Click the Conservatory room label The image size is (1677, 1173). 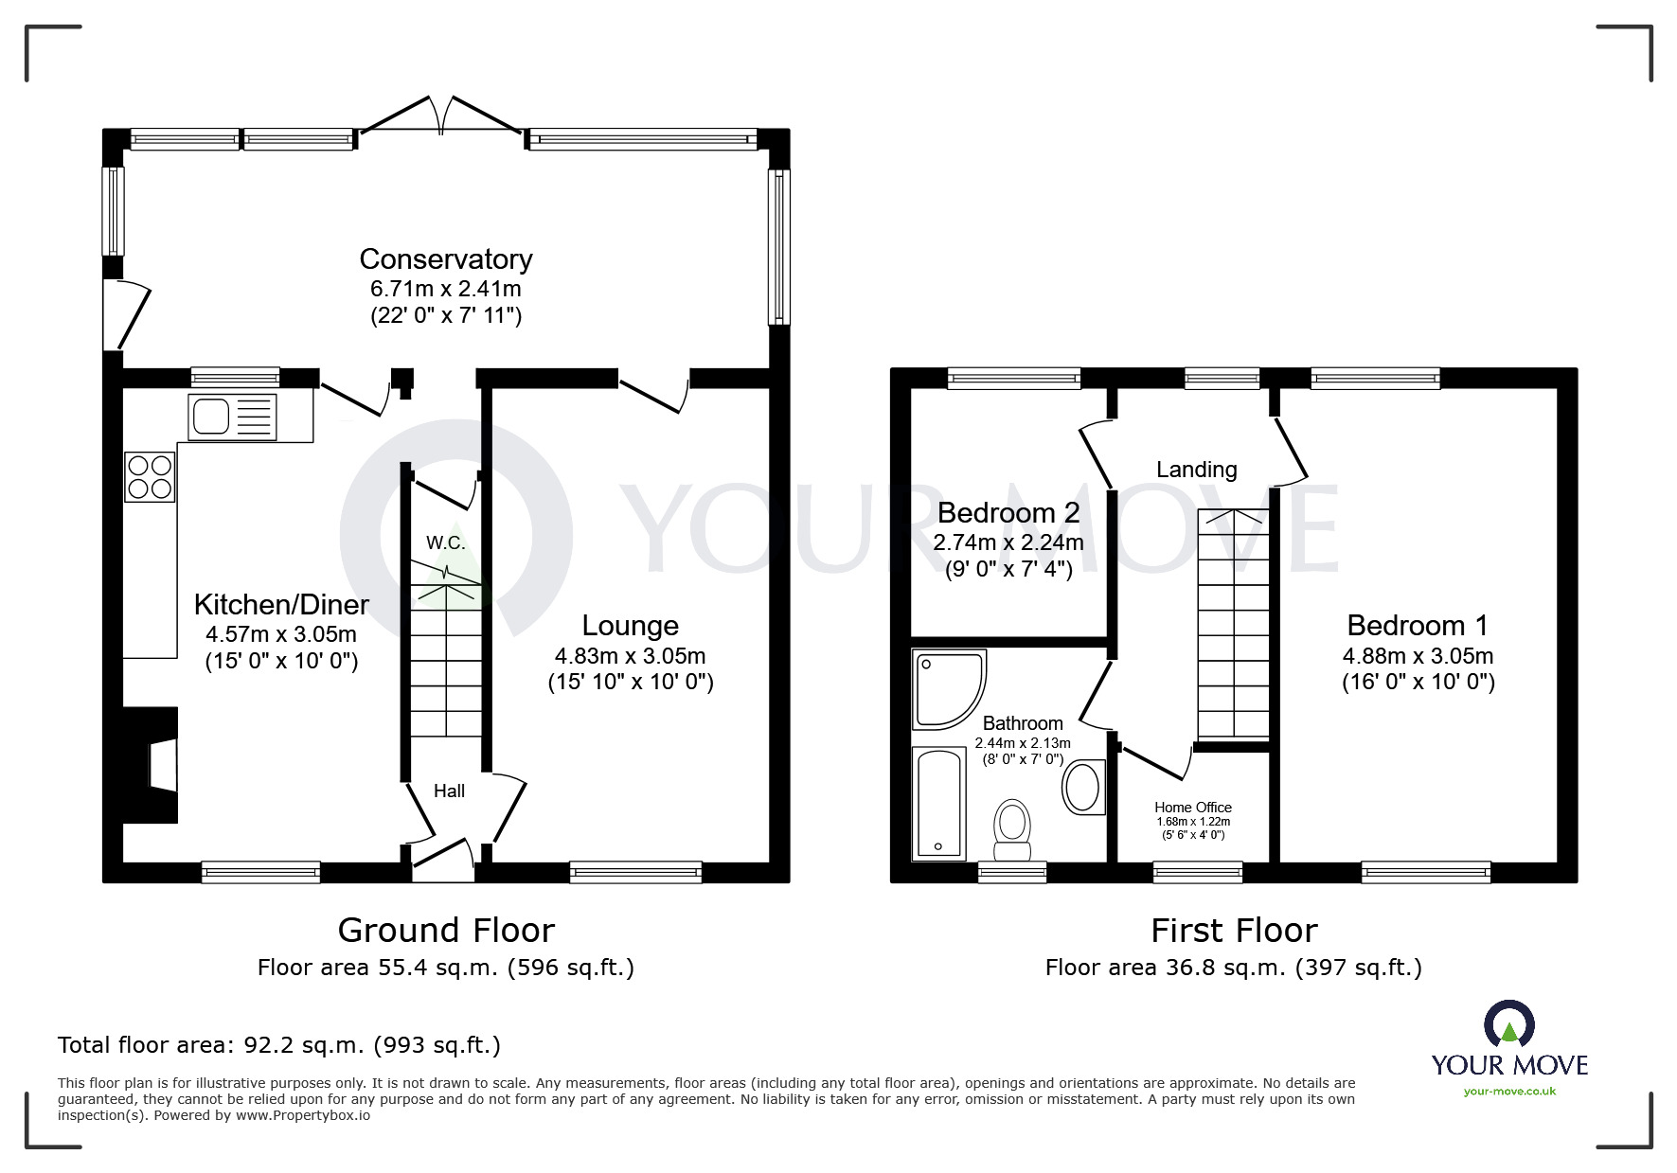(x=445, y=258)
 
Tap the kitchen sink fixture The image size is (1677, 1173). (x=233, y=417)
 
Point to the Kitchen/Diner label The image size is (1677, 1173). (x=281, y=604)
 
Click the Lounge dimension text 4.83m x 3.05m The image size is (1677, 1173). (x=630, y=655)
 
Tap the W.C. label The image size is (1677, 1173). (x=445, y=542)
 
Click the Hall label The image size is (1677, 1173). (x=449, y=791)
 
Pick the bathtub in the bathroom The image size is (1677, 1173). (x=938, y=804)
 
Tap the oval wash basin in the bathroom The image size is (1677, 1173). (x=1083, y=787)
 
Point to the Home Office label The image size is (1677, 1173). (x=1193, y=808)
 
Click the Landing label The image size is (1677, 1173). (x=1197, y=470)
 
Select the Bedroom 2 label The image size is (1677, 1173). (x=1008, y=512)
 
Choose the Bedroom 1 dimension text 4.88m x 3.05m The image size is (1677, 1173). (x=1418, y=655)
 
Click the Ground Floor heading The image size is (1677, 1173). (x=446, y=930)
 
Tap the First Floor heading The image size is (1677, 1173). (x=1234, y=931)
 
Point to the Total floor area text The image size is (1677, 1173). (x=279, y=1045)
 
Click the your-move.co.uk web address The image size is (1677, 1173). (x=1509, y=1092)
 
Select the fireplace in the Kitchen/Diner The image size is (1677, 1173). (x=151, y=765)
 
